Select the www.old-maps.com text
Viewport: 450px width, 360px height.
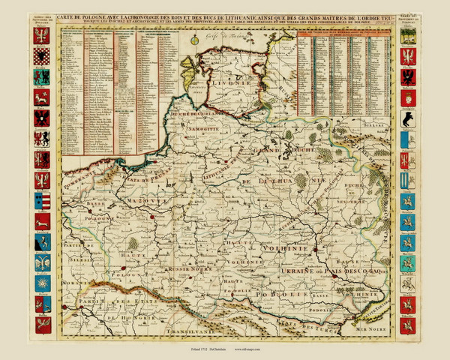coord(252,350)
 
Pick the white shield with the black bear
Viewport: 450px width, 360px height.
coord(407,118)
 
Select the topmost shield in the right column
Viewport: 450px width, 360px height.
coord(407,35)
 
